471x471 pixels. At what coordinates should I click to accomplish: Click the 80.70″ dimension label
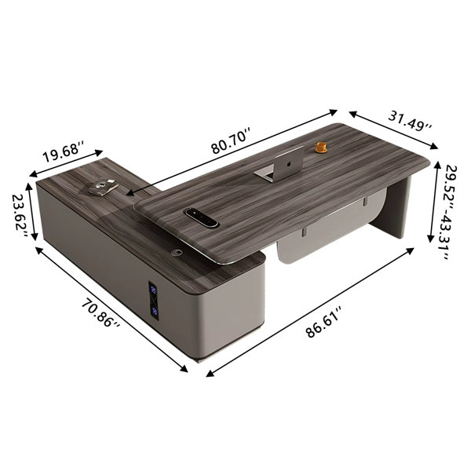coord(230,141)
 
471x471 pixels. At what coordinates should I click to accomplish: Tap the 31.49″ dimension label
coord(410,120)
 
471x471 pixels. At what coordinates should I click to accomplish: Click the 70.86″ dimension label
coord(101,313)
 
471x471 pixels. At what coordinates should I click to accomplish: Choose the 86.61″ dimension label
coord(323,322)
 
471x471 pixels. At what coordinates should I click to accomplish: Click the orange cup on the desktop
coord(321,148)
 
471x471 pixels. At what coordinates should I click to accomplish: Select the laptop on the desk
coord(282,165)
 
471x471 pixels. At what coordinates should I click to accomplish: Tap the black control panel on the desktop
coord(201,217)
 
